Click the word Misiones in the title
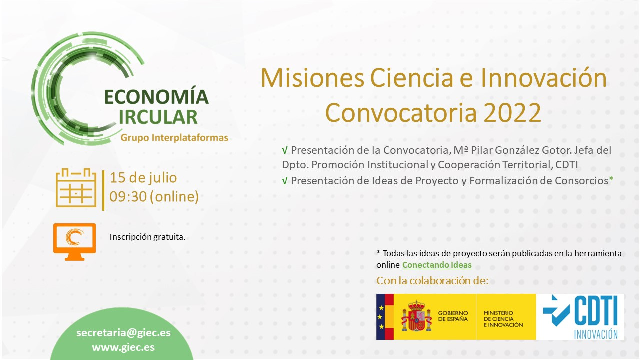tap(313, 78)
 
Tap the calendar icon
tap(76, 187)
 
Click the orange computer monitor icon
tap(75, 242)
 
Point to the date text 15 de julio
tap(143, 178)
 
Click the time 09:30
tap(128, 197)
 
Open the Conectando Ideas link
tap(437, 265)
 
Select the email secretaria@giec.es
tap(123, 333)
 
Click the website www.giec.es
tap(123, 347)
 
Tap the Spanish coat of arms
tap(417, 316)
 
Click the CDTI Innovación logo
tap(581, 317)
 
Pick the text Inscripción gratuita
tap(147, 237)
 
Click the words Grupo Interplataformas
tap(174, 138)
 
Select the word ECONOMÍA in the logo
tap(157, 96)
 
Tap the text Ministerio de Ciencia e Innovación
tap(503, 319)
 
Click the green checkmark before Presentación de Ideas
tap(285, 181)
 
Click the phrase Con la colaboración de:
tap(432, 281)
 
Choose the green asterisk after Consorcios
tap(611, 179)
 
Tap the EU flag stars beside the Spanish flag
tap(381, 317)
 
